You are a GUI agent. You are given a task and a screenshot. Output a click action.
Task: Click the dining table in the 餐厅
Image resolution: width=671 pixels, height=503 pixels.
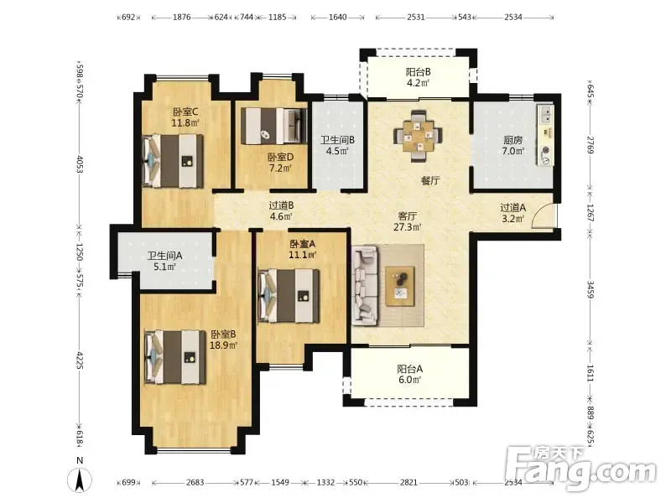(x=418, y=136)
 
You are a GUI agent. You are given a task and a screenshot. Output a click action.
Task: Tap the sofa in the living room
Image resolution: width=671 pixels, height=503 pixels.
(x=365, y=286)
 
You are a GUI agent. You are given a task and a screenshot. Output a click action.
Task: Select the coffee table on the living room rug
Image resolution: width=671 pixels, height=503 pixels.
(x=400, y=286)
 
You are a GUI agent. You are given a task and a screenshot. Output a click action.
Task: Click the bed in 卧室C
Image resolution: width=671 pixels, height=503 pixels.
(x=173, y=161)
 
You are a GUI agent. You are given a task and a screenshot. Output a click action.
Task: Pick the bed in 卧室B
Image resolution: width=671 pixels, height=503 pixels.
(x=175, y=357)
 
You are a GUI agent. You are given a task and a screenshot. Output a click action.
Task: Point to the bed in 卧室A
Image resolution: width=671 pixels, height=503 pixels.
(x=289, y=296)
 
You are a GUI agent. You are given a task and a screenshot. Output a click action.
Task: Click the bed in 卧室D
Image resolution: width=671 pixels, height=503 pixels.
(x=274, y=126)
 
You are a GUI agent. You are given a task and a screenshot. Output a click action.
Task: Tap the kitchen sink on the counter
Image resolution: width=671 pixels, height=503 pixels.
(x=546, y=115)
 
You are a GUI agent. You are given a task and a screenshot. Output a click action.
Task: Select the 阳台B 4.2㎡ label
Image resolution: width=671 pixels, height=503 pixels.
(x=418, y=77)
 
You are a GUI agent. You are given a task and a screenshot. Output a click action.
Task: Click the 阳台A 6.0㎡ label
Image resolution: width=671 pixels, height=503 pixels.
(x=410, y=374)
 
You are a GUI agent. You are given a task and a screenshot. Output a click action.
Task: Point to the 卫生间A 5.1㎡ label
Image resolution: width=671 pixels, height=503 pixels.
(x=165, y=262)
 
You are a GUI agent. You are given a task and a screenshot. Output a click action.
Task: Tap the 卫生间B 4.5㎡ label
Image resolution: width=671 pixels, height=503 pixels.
(x=338, y=145)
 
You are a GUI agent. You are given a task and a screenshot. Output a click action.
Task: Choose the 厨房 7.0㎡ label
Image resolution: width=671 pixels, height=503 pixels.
(x=513, y=145)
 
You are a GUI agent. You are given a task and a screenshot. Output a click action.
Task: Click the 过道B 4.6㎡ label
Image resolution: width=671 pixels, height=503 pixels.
(x=281, y=211)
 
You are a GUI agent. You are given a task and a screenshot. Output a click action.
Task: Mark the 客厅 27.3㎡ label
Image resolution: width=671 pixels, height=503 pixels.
(x=408, y=221)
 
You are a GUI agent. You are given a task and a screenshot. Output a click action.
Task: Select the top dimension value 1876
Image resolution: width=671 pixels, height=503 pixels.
(x=181, y=18)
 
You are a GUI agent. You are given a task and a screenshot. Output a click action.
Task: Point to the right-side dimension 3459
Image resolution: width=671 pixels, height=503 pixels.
(x=590, y=289)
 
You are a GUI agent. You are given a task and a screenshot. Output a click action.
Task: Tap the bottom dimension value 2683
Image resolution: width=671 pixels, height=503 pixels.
(x=195, y=483)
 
